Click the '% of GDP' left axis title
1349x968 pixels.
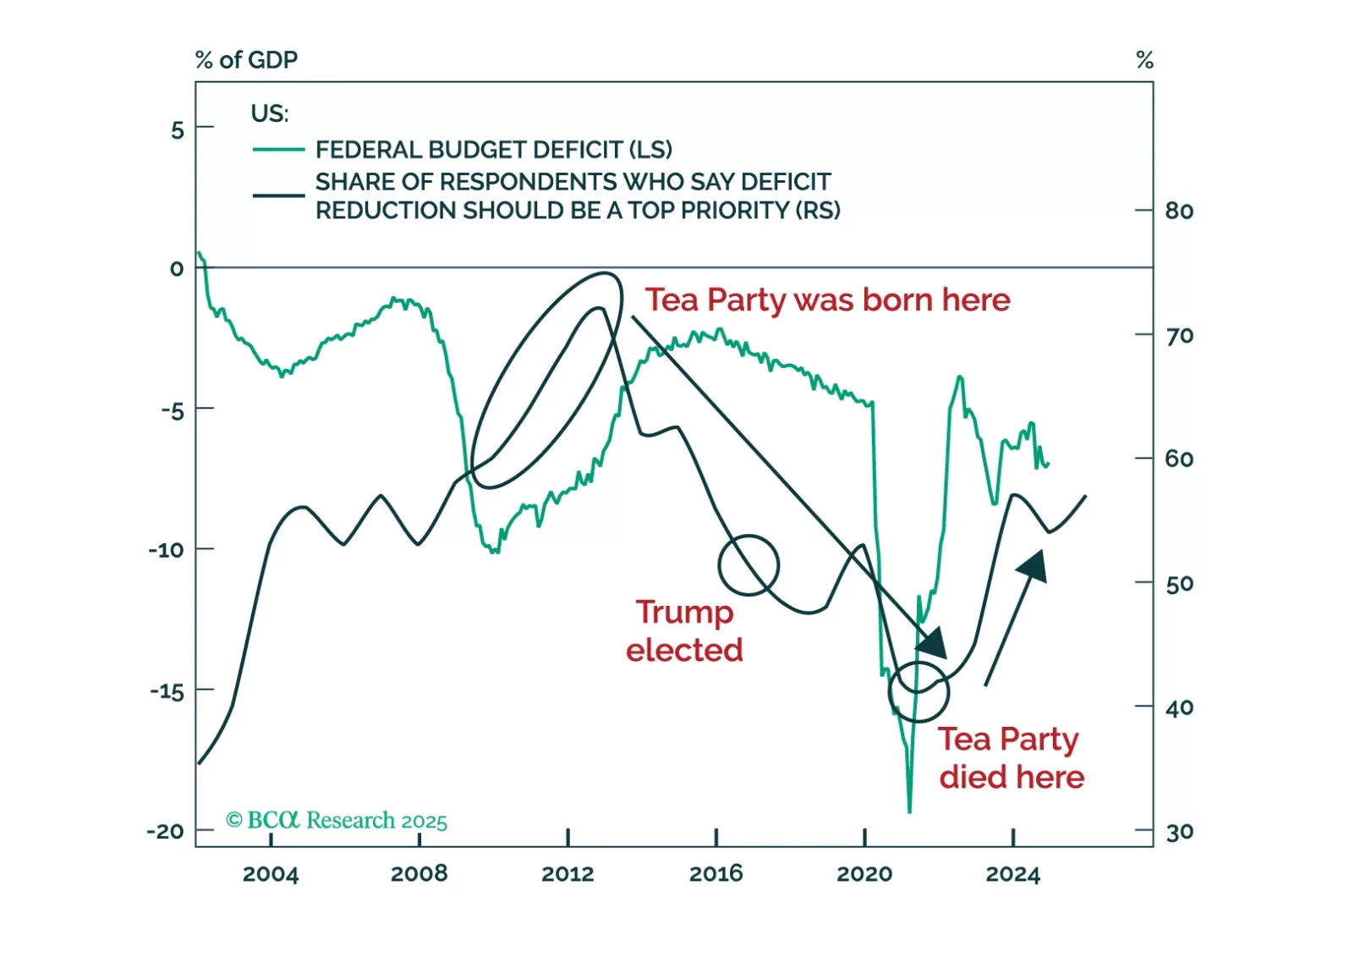click(246, 60)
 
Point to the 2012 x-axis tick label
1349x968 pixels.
click(568, 874)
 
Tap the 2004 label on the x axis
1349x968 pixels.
click(271, 874)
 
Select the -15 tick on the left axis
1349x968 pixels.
click(167, 691)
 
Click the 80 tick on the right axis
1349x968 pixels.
click(1179, 211)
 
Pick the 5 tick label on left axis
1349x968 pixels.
click(177, 130)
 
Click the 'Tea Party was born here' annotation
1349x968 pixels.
click(827, 300)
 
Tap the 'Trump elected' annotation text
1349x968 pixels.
click(684, 630)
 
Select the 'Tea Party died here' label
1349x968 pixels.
click(1011, 757)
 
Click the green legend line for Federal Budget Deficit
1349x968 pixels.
click(278, 150)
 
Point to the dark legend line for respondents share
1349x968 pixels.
click(278, 195)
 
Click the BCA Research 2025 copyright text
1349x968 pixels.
click(337, 820)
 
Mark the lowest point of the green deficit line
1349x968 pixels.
click(909, 811)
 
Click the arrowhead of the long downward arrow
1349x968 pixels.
click(934, 645)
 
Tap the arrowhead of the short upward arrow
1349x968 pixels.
click(1034, 564)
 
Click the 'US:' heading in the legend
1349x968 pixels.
click(269, 113)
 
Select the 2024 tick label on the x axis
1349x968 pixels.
click(1012, 874)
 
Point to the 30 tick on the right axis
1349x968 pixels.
click(1179, 833)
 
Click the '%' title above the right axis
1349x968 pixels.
click(1144, 60)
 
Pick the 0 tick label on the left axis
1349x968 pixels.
click(176, 269)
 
